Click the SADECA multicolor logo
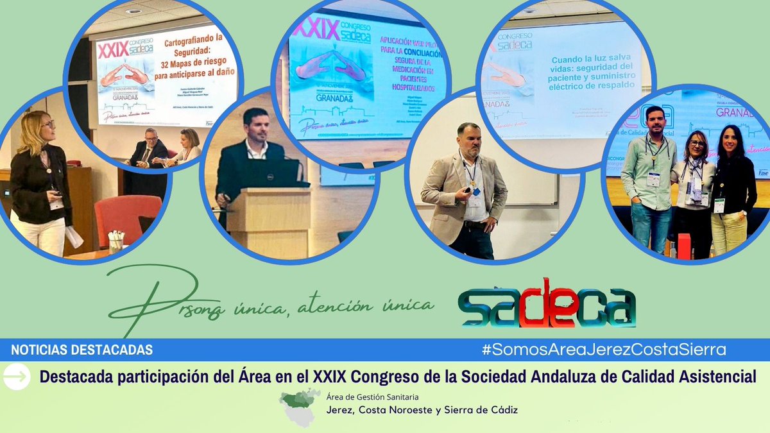pos(547,303)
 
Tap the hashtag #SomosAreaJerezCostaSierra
pos(604,350)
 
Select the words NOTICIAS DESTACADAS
pos(81,350)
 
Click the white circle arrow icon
pos(17,377)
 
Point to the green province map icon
pos(300,407)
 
